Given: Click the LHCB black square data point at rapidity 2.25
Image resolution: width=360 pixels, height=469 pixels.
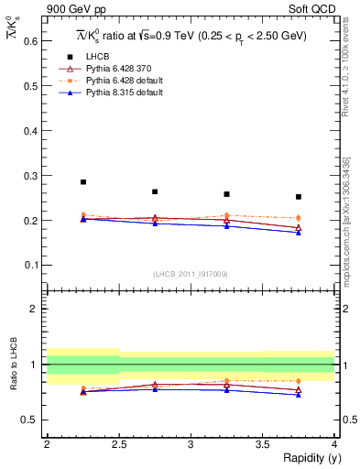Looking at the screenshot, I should point(83,181).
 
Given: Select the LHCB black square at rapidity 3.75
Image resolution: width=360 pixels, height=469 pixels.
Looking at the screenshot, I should point(299,196).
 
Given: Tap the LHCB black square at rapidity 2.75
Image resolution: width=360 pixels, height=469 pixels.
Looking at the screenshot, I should point(155,191).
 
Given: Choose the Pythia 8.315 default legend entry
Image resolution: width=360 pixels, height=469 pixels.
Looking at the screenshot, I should point(115,94).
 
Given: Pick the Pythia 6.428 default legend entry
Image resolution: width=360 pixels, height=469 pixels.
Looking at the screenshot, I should point(115,82).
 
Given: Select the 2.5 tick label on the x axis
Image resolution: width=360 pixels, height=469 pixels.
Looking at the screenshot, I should point(119,444).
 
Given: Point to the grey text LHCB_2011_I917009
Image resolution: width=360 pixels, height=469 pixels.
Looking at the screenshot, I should point(190,274).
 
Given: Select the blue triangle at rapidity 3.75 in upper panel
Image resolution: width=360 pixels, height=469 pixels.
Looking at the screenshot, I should point(299,233).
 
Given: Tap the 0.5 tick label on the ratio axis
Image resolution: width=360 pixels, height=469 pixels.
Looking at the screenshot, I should point(30,420).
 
